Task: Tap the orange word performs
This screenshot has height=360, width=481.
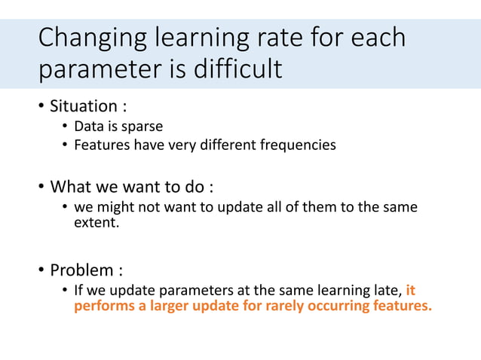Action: [102, 307]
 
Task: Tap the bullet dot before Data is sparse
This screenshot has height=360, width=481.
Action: [66, 126]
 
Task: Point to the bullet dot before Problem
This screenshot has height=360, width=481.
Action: [41, 269]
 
